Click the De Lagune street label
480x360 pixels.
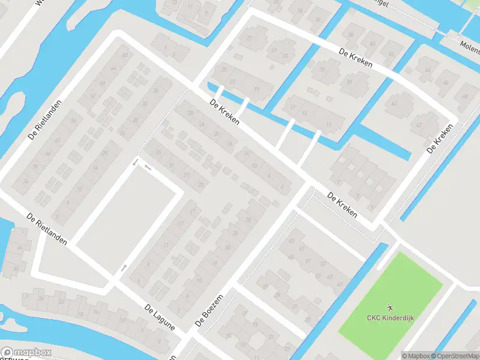coord(159,317)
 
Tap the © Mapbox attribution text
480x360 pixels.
coord(416,355)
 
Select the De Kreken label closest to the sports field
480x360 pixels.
coord(343,205)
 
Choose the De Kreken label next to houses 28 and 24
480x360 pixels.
coord(224,112)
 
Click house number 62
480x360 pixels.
coord(58,140)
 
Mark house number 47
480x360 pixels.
coord(419,125)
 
